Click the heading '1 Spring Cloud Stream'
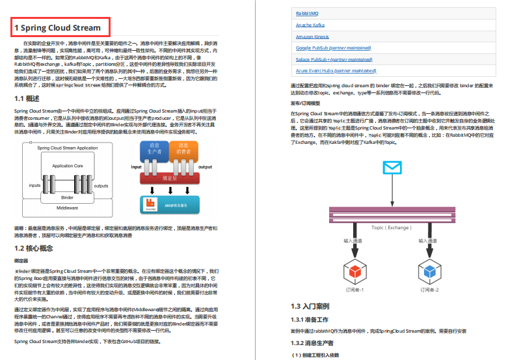[58, 27]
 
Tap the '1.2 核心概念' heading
[34, 248]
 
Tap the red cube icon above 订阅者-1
[354, 268]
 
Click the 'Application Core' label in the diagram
[68, 166]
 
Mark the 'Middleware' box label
[68, 208]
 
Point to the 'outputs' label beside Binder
[101, 186]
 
